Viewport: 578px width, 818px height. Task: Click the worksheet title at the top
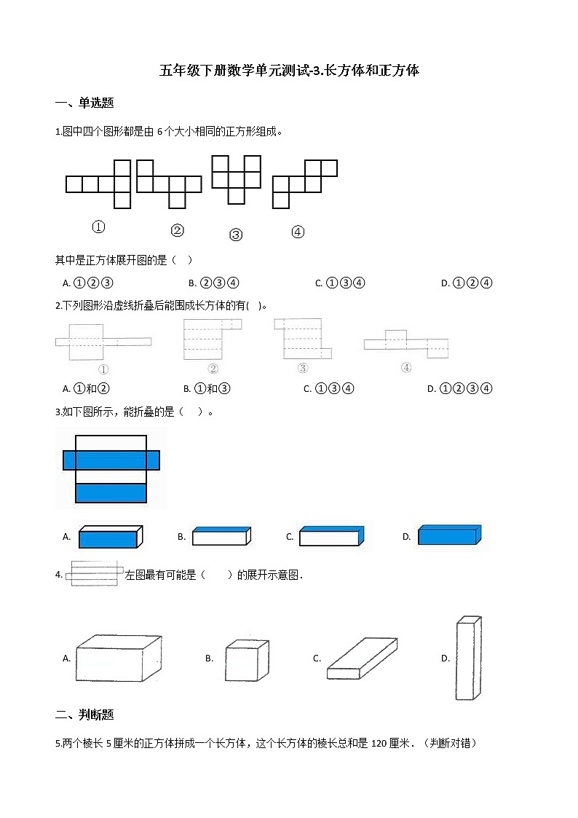click(x=289, y=71)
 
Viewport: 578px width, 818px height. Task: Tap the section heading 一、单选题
click(x=84, y=103)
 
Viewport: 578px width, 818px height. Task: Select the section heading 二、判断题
click(x=84, y=714)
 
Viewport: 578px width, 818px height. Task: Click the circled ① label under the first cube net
click(x=98, y=227)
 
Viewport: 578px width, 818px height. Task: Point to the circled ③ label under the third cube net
click(x=236, y=235)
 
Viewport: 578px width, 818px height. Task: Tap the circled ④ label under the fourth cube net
click(x=298, y=232)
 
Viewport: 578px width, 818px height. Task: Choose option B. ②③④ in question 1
click(x=214, y=283)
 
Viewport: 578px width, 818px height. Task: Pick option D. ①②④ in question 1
click(x=467, y=283)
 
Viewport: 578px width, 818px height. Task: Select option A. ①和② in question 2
click(x=86, y=388)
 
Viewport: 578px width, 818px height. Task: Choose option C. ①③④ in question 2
click(x=329, y=388)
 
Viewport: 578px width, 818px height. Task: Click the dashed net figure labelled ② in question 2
click(x=212, y=339)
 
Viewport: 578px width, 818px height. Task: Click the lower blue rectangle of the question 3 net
click(x=111, y=493)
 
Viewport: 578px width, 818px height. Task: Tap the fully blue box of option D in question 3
click(x=449, y=535)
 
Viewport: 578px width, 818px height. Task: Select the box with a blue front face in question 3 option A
click(x=111, y=537)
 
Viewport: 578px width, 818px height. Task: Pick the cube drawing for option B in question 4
click(x=247, y=660)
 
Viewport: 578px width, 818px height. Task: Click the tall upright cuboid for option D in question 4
click(x=469, y=658)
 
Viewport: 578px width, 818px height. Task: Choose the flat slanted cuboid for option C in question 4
click(x=363, y=658)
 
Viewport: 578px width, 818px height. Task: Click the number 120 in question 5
click(x=379, y=743)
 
